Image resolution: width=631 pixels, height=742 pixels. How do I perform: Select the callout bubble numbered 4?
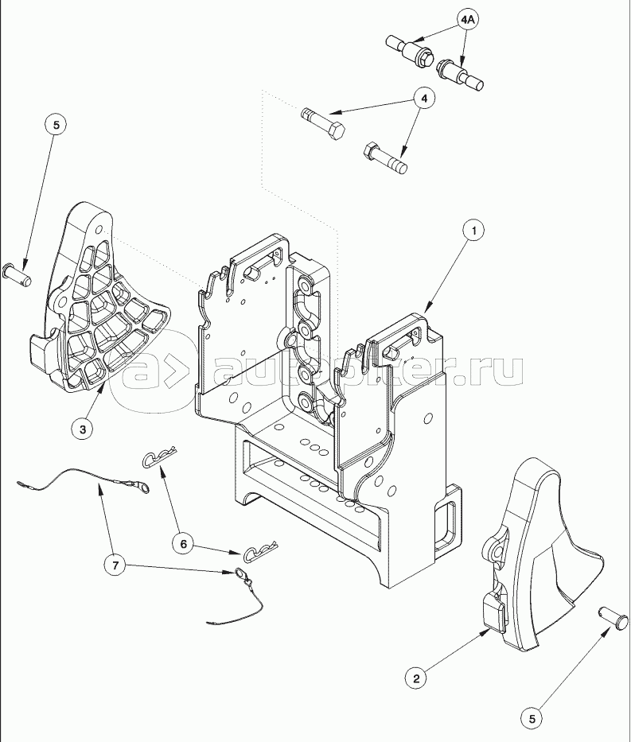pos(423,99)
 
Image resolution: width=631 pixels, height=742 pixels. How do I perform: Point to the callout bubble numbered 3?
pos(83,429)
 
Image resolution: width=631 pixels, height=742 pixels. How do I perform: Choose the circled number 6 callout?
pos(183,544)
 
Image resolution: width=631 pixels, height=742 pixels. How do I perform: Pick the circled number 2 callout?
pos(416,678)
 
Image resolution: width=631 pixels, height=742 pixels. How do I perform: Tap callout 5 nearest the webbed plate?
pos(56,125)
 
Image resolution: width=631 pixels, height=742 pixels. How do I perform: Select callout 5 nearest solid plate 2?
pos(532,719)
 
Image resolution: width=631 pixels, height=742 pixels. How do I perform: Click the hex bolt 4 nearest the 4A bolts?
pos(323,122)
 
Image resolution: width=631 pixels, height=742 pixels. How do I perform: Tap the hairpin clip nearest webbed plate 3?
pos(159,457)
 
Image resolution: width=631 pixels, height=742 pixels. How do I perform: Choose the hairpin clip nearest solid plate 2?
pos(260,552)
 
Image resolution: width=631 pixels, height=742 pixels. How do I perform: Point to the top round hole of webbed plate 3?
pos(99,231)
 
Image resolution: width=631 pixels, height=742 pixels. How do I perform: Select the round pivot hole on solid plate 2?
pos(497,552)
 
